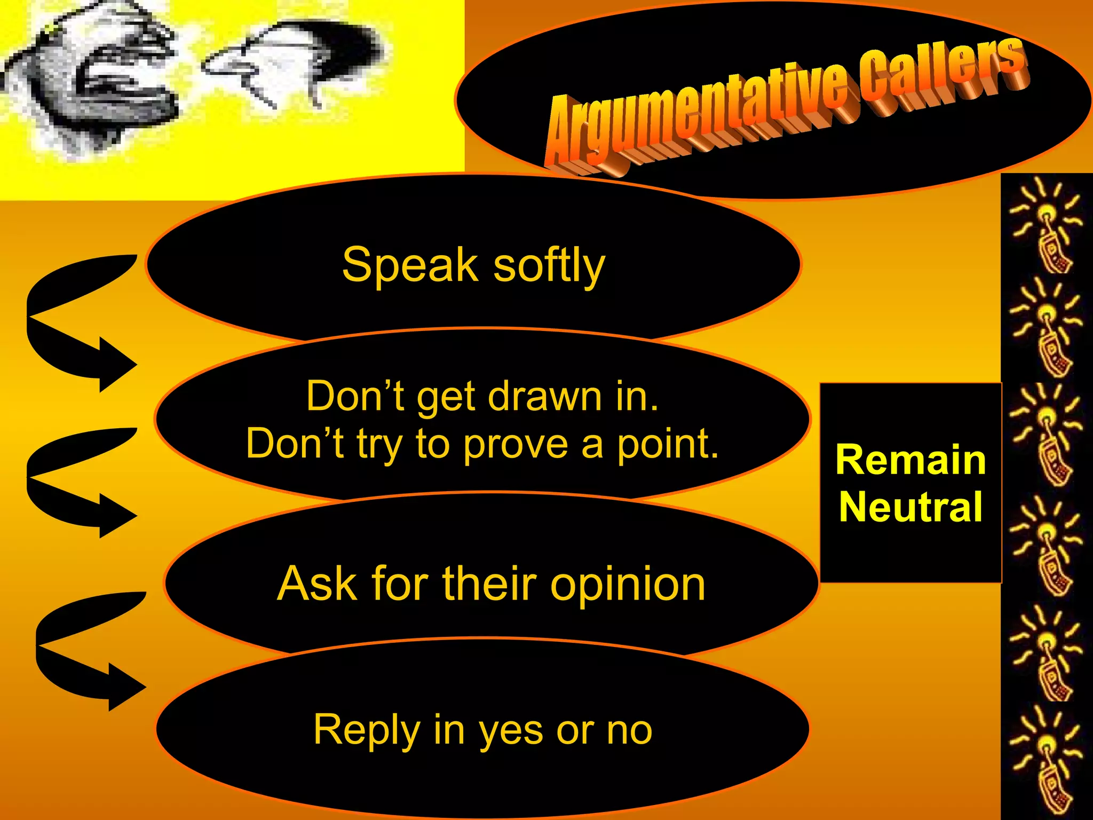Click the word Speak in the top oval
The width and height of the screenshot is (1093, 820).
[410, 265]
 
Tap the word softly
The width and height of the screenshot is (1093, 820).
[549, 265]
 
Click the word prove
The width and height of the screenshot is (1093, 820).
[515, 445]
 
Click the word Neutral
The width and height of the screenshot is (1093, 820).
[910, 507]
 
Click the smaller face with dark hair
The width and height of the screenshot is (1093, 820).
[299, 64]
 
